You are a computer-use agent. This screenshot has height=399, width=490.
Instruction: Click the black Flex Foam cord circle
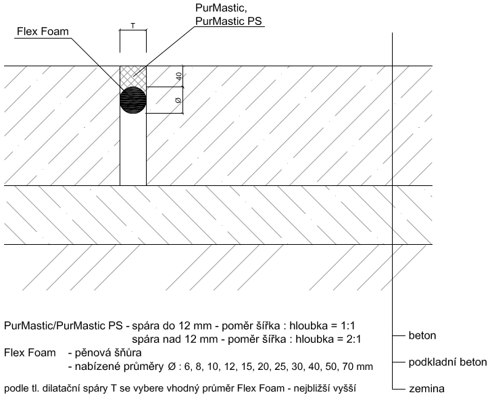click(x=133, y=100)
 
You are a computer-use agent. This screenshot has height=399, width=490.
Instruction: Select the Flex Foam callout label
click(x=43, y=32)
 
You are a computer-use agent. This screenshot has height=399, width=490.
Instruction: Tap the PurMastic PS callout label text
click(x=228, y=21)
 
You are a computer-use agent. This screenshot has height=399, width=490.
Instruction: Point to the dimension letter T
click(x=133, y=26)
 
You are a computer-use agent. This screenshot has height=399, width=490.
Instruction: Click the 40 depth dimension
click(x=178, y=76)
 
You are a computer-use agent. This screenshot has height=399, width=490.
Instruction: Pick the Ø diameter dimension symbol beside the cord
click(x=178, y=100)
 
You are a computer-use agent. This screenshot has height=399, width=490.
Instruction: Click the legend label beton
click(x=422, y=335)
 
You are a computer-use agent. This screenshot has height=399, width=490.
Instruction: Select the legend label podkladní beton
click(x=447, y=362)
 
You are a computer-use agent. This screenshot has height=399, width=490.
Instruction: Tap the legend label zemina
click(x=426, y=389)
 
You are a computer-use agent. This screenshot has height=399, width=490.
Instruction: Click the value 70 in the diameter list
click(x=349, y=366)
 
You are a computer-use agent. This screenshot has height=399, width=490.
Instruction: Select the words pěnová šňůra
click(x=108, y=353)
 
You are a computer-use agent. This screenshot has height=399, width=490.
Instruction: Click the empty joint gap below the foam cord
click(x=133, y=149)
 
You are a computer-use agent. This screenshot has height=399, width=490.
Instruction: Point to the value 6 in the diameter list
click(x=187, y=366)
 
